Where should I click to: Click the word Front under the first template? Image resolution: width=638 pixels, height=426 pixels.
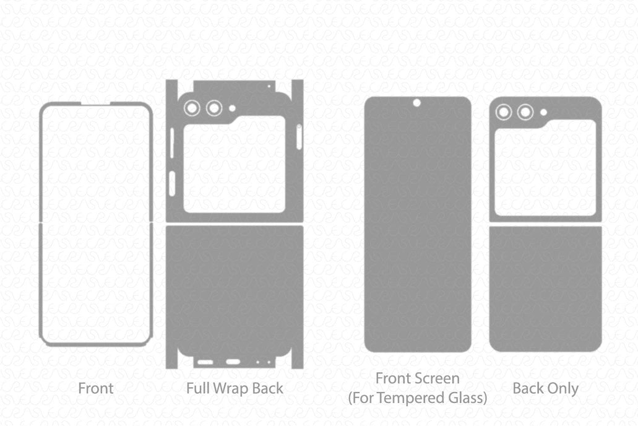[96, 389]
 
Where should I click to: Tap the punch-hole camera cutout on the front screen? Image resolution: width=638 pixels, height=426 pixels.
[416, 103]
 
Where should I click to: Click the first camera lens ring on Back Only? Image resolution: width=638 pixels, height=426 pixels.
[503, 112]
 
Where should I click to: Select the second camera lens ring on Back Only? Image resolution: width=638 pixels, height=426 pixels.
[525, 112]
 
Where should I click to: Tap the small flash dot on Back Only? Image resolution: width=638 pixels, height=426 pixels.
[543, 113]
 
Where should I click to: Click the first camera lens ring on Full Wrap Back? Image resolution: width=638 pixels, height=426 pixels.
[192, 108]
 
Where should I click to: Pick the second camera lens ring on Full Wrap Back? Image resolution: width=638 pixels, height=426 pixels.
[214, 108]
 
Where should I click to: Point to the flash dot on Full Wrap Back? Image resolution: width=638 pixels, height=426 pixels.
[232, 108]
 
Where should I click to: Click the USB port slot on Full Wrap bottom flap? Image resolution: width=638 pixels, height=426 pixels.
[233, 362]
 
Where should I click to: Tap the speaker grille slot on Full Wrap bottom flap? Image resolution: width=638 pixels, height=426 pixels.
[205, 362]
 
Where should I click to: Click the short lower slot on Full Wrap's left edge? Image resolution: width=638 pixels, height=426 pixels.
[172, 183]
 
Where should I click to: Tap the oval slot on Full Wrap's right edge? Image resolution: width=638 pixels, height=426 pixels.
[299, 137]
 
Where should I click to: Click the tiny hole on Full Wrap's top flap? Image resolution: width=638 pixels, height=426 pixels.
[268, 86]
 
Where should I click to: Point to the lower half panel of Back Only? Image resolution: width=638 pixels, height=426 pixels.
[545, 289]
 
